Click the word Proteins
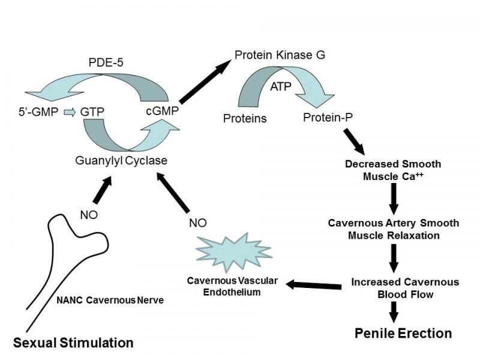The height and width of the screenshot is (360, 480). (245, 118)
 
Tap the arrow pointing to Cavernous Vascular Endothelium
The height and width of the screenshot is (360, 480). (316, 284)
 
